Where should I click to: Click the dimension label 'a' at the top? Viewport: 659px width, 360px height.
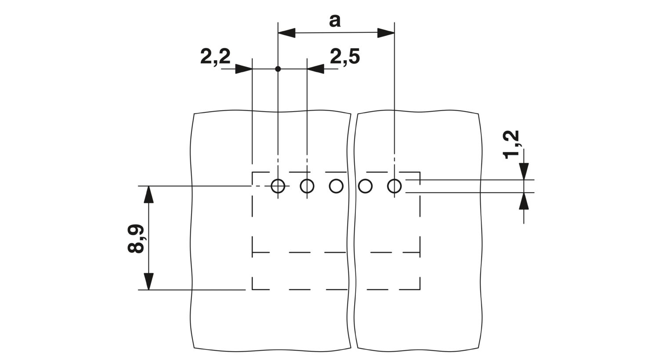coord(334,21)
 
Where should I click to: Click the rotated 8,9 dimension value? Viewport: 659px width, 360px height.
coord(136,238)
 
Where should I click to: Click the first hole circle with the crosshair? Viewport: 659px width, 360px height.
coord(278,186)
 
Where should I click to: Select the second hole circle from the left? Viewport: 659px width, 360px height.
coord(307,186)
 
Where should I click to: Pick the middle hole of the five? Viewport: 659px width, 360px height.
coord(336,186)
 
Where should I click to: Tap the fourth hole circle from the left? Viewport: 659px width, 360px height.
coord(366,186)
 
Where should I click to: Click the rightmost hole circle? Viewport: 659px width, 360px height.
coord(395,186)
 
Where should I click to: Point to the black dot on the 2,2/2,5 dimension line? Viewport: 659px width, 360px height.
coord(278,69)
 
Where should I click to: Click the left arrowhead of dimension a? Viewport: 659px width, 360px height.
coord(286,33)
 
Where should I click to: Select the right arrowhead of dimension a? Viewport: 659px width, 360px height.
coord(386,33)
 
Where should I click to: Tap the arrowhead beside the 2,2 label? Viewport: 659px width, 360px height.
coord(244,69)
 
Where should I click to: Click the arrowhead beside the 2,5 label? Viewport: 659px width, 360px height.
coord(316,69)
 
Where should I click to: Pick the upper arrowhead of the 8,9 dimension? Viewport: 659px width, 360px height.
coord(148,194)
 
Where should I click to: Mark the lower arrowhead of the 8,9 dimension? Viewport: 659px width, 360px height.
coord(148,281)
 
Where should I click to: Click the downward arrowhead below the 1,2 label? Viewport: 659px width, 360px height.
coord(524,171)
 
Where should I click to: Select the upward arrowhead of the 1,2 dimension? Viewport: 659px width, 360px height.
coord(524,201)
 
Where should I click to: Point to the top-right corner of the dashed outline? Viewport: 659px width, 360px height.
coord(420,172)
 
